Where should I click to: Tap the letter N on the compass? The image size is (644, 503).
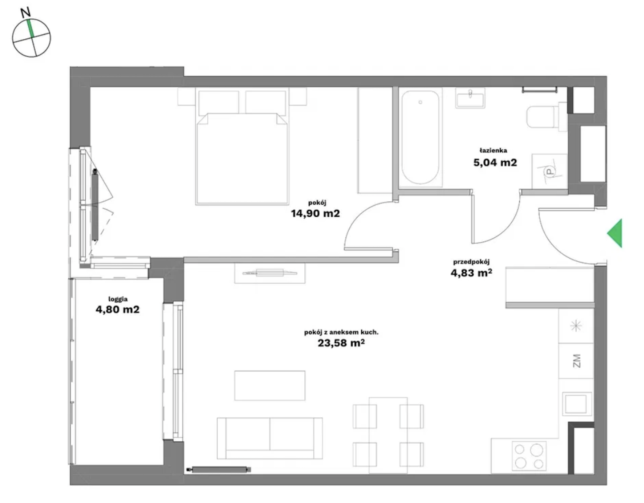tap(25, 12)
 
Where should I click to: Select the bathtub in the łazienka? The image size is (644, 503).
tap(420, 138)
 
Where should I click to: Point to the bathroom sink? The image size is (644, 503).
tap(470, 98)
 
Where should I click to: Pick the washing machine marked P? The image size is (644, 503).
tap(549, 171)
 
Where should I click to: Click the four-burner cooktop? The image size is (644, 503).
tap(529, 456)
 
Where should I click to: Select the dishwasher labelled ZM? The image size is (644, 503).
tap(576, 361)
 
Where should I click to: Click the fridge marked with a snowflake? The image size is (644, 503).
tap(576, 326)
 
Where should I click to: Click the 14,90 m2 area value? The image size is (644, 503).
tap(315, 214)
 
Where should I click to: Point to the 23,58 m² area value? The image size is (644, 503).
tap(341, 343)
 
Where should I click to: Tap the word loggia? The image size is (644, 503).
tap(118, 299)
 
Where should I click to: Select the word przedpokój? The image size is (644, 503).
tap(471, 262)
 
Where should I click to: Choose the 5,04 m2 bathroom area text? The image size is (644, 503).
tap(495, 162)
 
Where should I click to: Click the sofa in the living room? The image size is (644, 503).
tap(270, 438)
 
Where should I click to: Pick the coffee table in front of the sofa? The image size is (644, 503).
tap(270, 385)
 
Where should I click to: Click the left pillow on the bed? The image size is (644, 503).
tap(219, 102)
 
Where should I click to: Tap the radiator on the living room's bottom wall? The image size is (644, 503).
tap(219, 470)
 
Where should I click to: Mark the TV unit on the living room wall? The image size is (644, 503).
tap(270, 273)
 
